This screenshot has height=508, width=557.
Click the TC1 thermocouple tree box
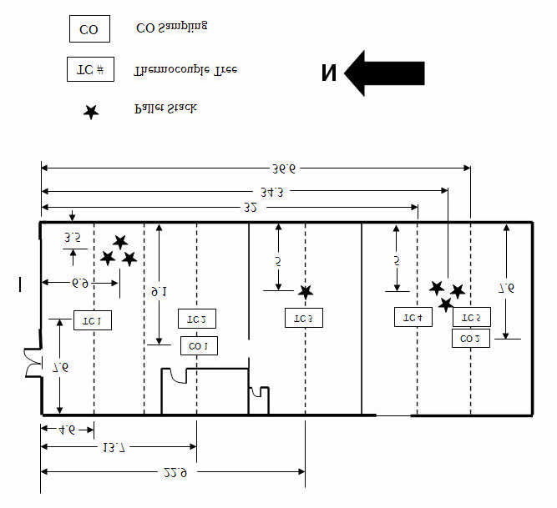[93, 321]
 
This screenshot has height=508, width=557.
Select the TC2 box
[197, 319]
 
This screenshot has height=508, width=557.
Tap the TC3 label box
[304, 319]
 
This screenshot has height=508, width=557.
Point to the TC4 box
[413, 318]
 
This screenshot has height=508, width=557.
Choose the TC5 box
[471, 318]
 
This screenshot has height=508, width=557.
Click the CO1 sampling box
[198, 345]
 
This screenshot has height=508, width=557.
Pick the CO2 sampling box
[471, 339]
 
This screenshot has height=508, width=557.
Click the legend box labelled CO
[89, 30]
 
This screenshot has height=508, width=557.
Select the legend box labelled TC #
[90, 68]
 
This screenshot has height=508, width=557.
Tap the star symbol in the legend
[90, 112]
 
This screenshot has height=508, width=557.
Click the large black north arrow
[385, 72]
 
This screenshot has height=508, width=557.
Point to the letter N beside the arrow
[329, 73]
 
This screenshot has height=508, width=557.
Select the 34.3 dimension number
[272, 191]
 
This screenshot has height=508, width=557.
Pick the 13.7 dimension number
[114, 450]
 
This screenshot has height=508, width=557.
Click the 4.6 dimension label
[67, 430]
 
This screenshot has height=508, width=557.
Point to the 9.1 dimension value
[159, 292]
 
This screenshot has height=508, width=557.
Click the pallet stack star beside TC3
[306, 292]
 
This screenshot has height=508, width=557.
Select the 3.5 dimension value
[72, 238]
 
